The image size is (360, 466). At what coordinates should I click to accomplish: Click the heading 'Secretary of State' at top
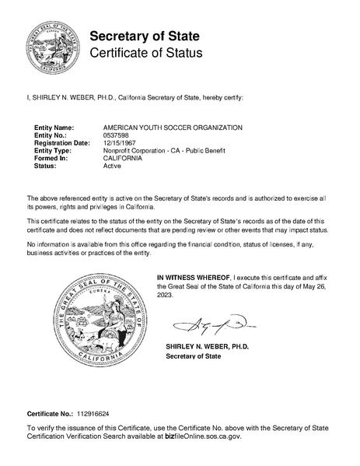[x=145, y=36]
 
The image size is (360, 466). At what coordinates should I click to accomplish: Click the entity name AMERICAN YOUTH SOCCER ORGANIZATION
[x=173, y=127]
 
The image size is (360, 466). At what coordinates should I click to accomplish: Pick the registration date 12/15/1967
[x=121, y=143]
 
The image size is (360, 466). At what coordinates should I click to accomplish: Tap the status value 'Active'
[x=113, y=166]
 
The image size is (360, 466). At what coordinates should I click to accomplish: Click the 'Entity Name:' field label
[x=54, y=127]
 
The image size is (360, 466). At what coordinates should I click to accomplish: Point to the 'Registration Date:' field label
[x=62, y=143]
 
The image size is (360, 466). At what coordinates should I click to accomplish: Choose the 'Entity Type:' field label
[x=53, y=151]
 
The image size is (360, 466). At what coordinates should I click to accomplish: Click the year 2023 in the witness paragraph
[x=166, y=295]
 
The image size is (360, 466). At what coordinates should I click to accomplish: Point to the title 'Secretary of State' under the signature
[x=193, y=356]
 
